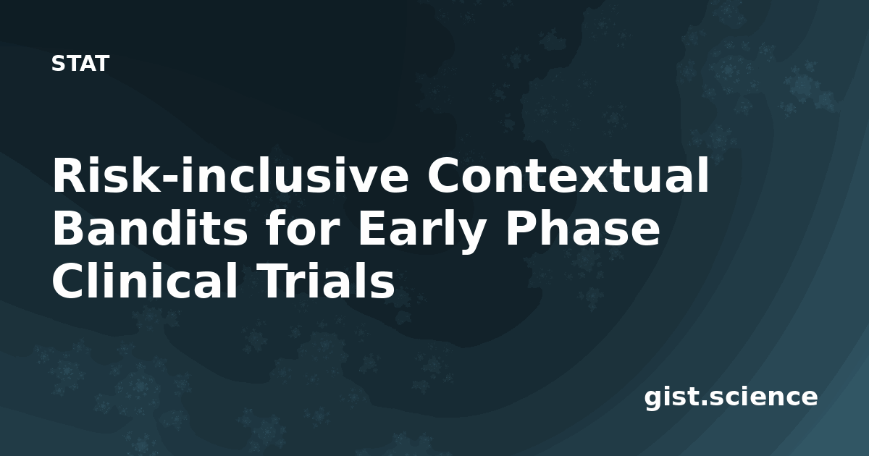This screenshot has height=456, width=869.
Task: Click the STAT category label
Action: (80, 64)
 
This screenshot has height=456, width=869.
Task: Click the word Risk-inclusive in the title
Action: (230, 174)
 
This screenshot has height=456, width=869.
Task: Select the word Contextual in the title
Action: (568, 174)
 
